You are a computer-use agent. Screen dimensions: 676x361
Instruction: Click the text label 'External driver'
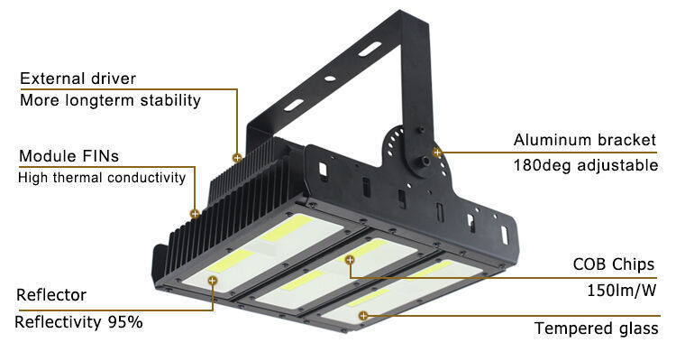pos(78,79)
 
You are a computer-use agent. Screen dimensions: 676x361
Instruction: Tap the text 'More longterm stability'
pos(110,100)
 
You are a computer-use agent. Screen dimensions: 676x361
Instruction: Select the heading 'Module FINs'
pos(69,156)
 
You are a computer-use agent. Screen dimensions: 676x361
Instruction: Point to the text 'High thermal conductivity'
pos(102,178)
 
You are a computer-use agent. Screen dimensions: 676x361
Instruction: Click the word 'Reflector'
pos(51,295)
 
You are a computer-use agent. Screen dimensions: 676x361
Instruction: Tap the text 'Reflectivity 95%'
pos(78,321)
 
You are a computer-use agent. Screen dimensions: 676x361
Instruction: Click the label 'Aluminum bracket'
pos(585,140)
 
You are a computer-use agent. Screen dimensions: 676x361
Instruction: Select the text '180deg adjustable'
pos(586,165)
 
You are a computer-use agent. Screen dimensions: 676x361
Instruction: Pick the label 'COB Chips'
pos(614,264)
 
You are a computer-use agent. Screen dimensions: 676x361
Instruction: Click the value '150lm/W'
pos(622,291)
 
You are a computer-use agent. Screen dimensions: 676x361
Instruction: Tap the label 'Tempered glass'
pos(597,329)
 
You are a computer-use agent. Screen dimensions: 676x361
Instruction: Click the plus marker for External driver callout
pos(237,158)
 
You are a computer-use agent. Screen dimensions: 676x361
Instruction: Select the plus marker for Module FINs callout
pos(195,213)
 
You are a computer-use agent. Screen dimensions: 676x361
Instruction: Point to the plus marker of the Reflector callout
pos(212,281)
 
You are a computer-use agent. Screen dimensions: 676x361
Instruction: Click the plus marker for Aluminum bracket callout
pos(437,152)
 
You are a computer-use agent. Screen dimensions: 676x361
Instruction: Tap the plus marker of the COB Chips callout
pos(350,260)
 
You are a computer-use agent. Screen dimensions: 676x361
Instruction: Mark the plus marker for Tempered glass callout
pos(363,316)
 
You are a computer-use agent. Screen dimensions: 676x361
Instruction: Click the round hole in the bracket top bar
pos(330,79)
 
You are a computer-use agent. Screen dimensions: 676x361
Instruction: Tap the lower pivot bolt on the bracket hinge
pos(425,162)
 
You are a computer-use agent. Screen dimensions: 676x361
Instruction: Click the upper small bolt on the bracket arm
pos(421,130)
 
